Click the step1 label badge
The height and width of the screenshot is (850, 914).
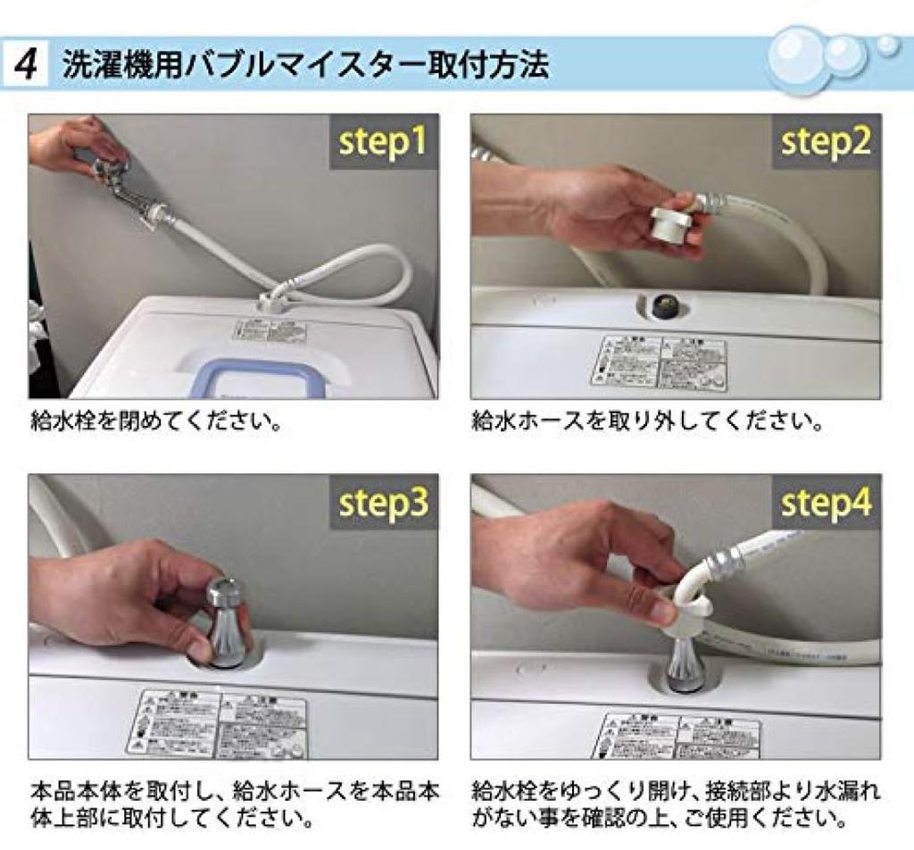(x=383, y=142)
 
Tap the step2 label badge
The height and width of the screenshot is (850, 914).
(x=826, y=142)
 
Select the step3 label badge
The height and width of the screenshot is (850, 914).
(x=383, y=503)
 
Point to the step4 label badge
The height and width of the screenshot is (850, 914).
(x=826, y=503)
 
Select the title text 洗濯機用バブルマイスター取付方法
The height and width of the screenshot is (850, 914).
(x=305, y=65)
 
